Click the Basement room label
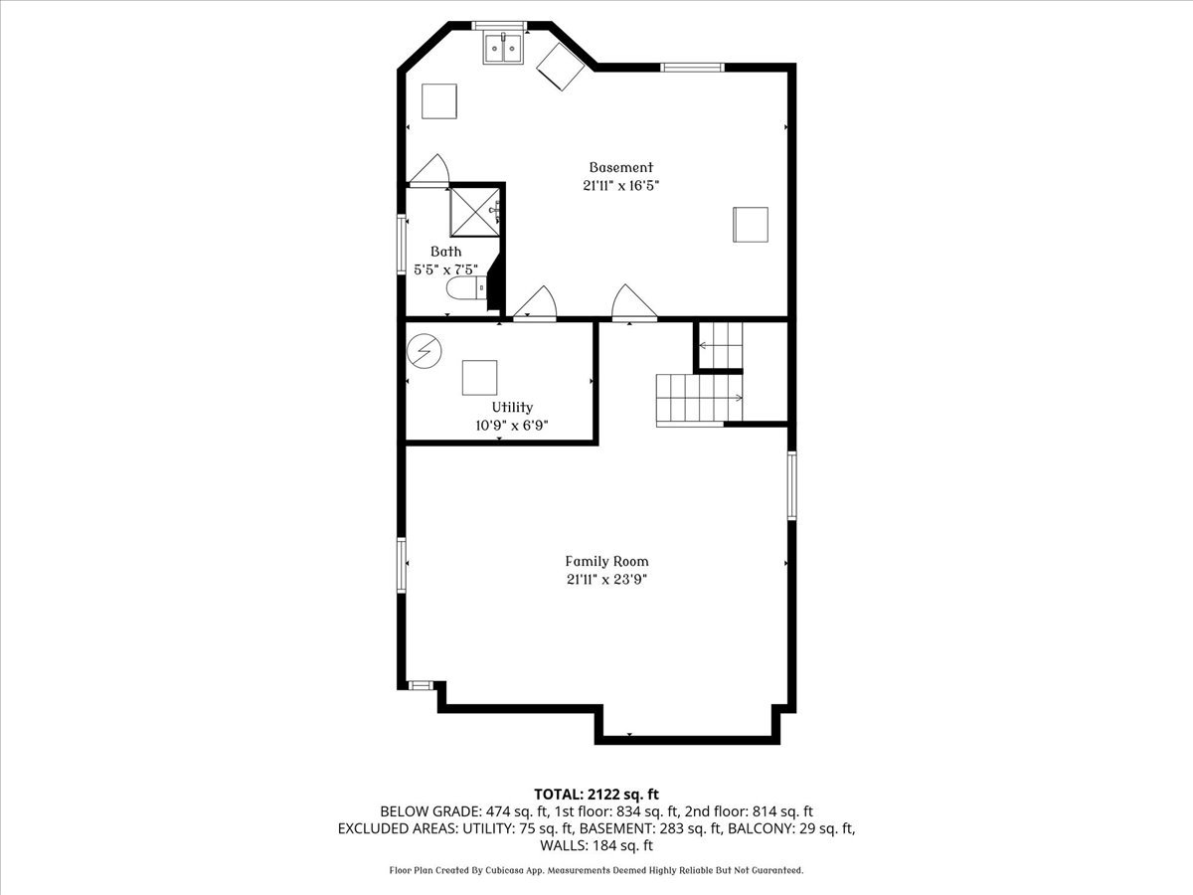(620, 168)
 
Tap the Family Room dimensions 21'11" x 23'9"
(606, 579)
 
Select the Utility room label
(512, 407)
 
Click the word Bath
(445, 252)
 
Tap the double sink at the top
(504, 48)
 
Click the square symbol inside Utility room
(480, 377)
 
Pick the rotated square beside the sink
(561, 67)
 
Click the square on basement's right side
(751, 224)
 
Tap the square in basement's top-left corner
(438, 100)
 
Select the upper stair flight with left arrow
(719, 345)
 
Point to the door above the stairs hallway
(632, 304)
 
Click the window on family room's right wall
(792, 485)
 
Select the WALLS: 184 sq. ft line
(596, 846)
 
